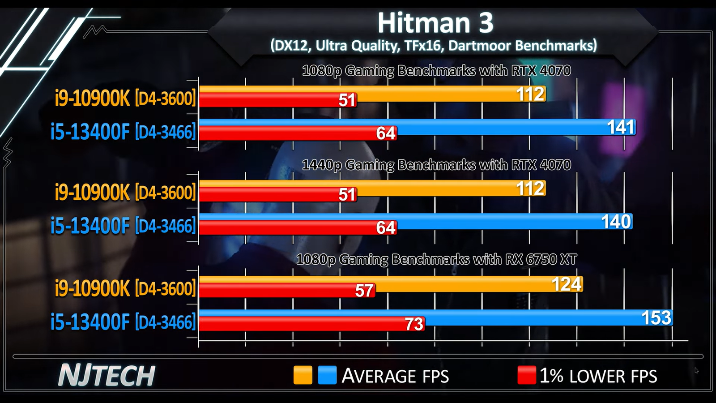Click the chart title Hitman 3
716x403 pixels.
point(435,23)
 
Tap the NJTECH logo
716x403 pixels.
point(107,376)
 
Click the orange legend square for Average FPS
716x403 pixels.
point(303,375)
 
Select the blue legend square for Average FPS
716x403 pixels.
point(327,375)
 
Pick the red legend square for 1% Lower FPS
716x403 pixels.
point(526,375)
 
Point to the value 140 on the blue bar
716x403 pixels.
point(616,222)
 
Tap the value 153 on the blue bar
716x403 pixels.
point(656,318)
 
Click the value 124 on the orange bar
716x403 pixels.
point(567,284)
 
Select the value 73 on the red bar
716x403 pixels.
point(414,324)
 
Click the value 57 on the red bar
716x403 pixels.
point(364,291)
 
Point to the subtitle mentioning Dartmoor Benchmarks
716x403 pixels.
point(433,46)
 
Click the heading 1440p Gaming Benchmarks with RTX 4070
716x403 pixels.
point(436,165)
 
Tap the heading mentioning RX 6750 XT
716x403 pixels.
point(436,259)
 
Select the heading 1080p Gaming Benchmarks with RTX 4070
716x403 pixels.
point(436,71)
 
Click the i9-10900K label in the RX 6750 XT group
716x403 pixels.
point(125,288)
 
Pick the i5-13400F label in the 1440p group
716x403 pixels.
point(123,226)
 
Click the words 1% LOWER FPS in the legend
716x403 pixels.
point(598,376)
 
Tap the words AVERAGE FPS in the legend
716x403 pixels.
point(395,376)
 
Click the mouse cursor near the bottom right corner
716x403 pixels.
point(696,370)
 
